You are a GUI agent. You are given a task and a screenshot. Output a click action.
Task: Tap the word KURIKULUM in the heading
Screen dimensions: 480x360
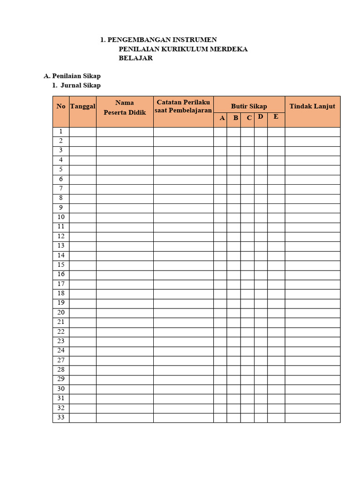click(x=183, y=49)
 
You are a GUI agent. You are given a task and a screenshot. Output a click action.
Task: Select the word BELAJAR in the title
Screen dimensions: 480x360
click(x=135, y=59)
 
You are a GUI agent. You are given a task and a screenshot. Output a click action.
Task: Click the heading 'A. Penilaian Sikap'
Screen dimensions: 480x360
click(x=72, y=75)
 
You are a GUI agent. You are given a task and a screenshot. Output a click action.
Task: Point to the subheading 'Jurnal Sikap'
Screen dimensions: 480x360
click(x=80, y=85)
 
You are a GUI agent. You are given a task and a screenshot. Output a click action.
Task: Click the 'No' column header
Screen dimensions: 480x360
click(x=61, y=106)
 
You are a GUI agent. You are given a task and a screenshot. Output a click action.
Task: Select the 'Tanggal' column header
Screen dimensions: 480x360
click(x=83, y=106)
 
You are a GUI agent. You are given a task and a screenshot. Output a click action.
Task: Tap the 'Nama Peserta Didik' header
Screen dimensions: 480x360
click(x=125, y=107)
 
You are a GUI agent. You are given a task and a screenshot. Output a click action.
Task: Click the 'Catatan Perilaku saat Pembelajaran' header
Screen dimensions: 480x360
click(x=183, y=106)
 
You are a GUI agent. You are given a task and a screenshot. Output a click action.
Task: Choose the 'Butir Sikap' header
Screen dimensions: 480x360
click(x=249, y=106)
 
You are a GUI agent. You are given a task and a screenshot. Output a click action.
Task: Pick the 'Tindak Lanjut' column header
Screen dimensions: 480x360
click(x=312, y=106)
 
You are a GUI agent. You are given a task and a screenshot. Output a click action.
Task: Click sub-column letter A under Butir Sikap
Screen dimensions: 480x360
click(x=222, y=118)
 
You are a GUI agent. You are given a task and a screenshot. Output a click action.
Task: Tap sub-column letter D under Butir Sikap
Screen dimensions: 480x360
click(x=260, y=117)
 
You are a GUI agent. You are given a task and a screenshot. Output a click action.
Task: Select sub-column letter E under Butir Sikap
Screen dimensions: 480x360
click(x=276, y=117)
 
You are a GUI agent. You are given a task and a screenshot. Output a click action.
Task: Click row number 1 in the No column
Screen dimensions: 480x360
click(x=61, y=132)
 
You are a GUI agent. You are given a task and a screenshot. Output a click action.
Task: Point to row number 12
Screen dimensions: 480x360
click(x=61, y=236)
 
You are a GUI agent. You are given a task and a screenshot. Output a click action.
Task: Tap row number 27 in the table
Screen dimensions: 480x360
click(x=61, y=360)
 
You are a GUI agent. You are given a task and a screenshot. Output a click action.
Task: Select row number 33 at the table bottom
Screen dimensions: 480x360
click(x=61, y=417)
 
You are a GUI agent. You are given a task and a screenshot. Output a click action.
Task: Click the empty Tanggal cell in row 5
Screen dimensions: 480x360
click(x=83, y=170)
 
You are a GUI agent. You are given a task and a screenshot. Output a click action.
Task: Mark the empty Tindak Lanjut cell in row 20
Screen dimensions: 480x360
click(x=312, y=313)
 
